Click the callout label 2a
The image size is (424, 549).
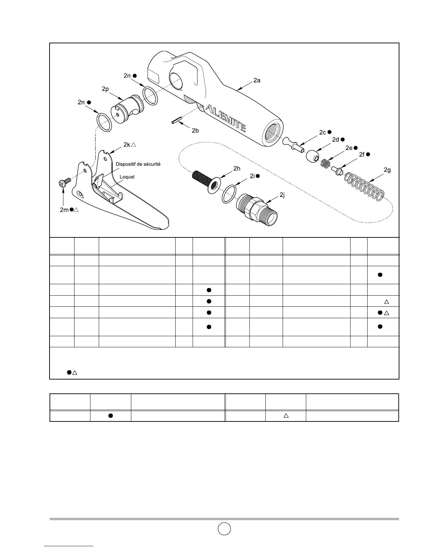[x=257, y=80]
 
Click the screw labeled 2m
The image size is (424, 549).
[x=65, y=182]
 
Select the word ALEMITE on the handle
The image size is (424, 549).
[x=226, y=118]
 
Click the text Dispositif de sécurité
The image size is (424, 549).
[x=138, y=164]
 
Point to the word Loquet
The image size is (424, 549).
[x=127, y=177]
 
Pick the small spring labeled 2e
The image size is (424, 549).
[x=326, y=164]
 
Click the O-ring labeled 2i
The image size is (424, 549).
[x=229, y=194]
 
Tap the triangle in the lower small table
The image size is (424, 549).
[x=286, y=415]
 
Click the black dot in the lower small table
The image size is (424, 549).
[x=111, y=416]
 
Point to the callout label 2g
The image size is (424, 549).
[x=387, y=170]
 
